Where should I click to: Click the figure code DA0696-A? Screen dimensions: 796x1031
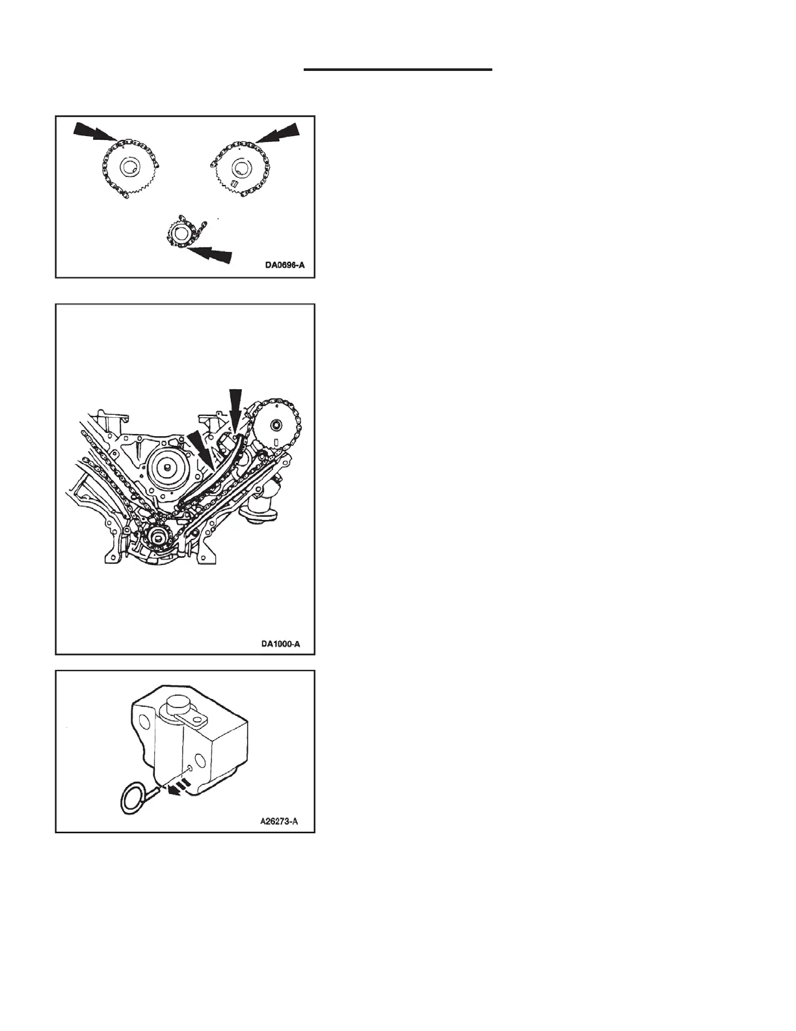[x=284, y=266]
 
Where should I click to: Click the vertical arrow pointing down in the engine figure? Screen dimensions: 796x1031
[x=235, y=407]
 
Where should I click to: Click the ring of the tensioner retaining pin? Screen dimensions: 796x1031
[x=133, y=799]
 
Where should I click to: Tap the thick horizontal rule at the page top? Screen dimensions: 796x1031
[x=398, y=69]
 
